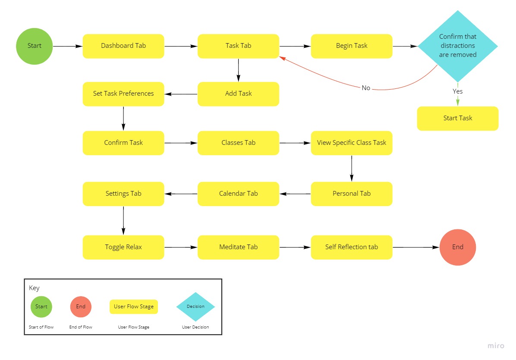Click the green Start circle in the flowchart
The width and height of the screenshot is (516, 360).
coord(35,46)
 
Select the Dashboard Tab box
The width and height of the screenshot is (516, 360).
coord(123,46)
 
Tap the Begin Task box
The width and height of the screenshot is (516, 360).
coord(352,46)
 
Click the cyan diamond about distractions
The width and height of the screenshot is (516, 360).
coord(458,46)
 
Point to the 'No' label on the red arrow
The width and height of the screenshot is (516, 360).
coord(366,88)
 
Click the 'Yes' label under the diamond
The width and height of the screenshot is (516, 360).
coord(458,91)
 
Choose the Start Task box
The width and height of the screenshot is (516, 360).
coord(458,118)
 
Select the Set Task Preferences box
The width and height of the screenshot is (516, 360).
coord(123,94)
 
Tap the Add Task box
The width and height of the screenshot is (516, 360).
coord(239,94)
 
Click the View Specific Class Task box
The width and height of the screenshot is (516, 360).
coord(352,143)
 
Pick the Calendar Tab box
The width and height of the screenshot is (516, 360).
coord(239,194)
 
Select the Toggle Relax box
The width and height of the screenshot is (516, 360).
coord(123,247)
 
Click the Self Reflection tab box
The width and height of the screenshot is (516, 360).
coord(352,247)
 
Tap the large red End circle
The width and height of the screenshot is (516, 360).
coord(458,247)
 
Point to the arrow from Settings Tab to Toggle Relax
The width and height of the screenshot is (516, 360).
coord(123,220)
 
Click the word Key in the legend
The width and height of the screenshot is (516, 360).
coord(34,288)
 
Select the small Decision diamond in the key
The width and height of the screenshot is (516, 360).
coord(195,307)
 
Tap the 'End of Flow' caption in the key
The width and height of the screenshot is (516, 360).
coord(81,327)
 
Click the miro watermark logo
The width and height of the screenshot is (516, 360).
coord(496,346)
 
